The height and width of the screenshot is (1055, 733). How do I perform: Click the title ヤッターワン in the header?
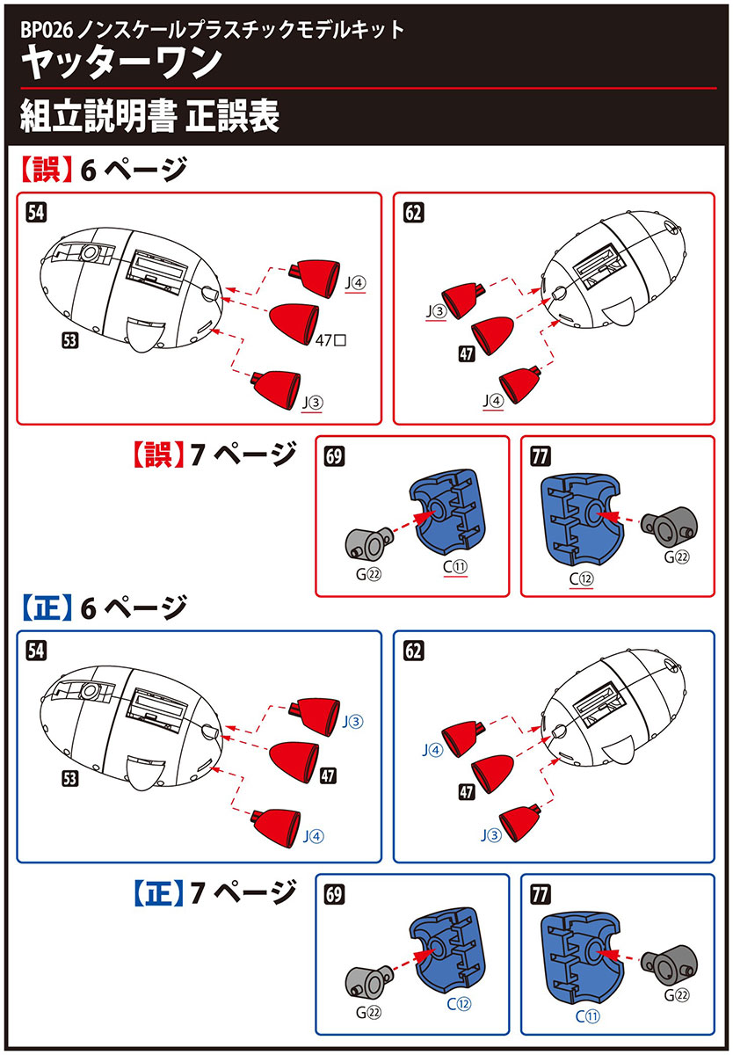122,63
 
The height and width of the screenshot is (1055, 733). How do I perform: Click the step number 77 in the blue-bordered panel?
541,895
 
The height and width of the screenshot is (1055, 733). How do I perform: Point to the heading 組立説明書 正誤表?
149,116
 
